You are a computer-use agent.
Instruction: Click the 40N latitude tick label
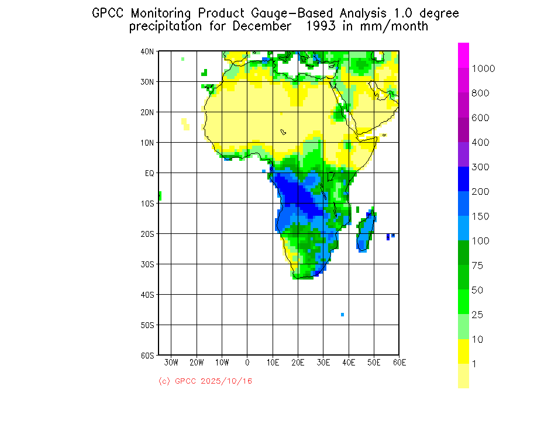click(147, 51)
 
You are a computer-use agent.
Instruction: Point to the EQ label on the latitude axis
click(149, 173)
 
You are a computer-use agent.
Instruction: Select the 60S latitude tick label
click(147, 355)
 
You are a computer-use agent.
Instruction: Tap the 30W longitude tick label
click(171, 363)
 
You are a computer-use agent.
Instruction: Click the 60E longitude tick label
click(399, 363)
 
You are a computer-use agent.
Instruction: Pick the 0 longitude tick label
click(247, 363)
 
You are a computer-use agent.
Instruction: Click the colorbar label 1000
click(484, 68)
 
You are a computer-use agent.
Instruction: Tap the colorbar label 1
click(474, 364)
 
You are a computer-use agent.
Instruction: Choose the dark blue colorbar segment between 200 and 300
click(463, 179)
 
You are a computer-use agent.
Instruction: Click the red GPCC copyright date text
click(205, 381)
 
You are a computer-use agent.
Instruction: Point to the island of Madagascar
click(367, 232)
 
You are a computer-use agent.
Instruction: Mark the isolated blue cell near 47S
click(342, 315)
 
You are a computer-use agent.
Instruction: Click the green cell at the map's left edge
click(160, 196)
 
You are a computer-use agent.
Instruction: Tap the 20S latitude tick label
click(147, 234)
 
